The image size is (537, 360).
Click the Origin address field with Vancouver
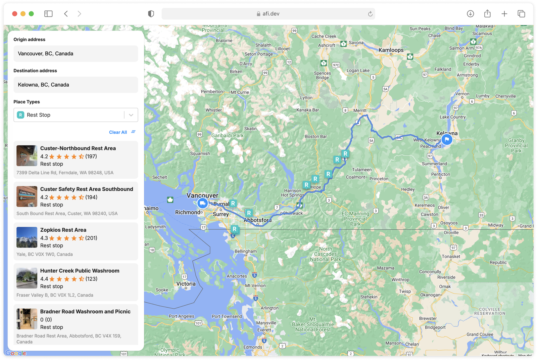click(x=76, y=54)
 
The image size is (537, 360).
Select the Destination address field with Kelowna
click(x=76, y=85)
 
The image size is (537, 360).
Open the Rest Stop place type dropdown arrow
click(x=131, y=115)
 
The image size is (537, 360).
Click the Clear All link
click(x=118, y=132)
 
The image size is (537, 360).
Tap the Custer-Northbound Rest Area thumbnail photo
click(x=27, y=156)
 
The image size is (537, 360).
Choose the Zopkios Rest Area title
click(x=63, y=230)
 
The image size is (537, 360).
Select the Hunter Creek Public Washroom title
click(x=80, y=271)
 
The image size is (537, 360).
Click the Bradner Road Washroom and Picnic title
click(x=85, y=312)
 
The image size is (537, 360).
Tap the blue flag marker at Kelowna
click(x=447, y=139)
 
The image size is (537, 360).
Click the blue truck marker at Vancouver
click(x=202, y=203)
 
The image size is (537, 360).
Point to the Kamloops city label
click(x=391, y=50)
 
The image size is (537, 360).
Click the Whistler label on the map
click(x=213, y=110)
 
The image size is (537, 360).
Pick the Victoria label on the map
click(x=186, y=284)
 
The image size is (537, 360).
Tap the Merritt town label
click(x=360, y=110)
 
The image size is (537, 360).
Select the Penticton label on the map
click(x=440, y=174)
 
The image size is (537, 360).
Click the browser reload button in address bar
click(x=370, y=14)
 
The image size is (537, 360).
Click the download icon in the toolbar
click(x=470, y=14)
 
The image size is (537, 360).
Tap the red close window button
click(x=15, y=14)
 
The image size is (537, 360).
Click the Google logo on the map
click(x=16, y=353)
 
